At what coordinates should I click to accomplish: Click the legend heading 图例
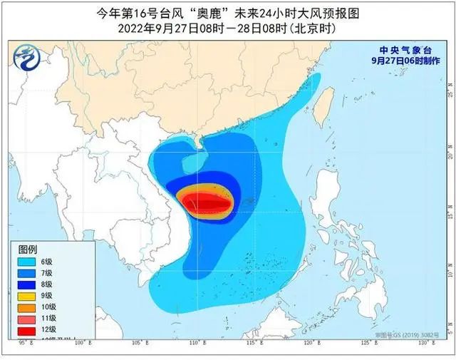point(28,250)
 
